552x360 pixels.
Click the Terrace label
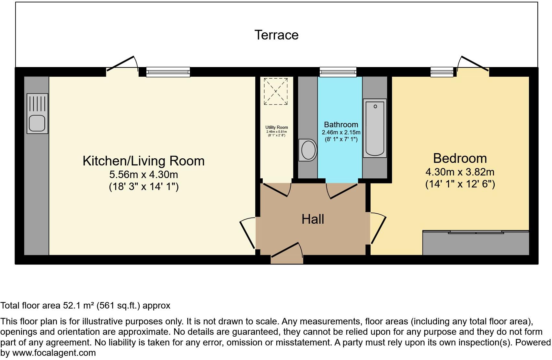[276, 35]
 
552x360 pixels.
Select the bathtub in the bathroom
[375, 128]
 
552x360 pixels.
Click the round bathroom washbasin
[308, 150]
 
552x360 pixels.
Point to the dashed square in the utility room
[276, 91]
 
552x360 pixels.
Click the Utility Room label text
[277, 128]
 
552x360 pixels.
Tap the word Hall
[313, 219]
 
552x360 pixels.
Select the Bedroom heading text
[460, 158]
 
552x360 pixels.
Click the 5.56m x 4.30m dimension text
[144, 175]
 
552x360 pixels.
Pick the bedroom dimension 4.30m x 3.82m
[460, 172]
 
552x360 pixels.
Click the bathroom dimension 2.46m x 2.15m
[341, 132]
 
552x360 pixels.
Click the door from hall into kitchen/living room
[248, 232]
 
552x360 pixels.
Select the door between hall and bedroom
[378, 228]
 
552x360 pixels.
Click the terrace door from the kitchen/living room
[122, 64]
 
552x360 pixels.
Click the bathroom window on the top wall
[338, 72]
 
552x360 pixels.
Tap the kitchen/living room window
[168, 72]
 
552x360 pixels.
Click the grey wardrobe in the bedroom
[476, 244]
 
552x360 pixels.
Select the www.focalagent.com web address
[54, 353]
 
